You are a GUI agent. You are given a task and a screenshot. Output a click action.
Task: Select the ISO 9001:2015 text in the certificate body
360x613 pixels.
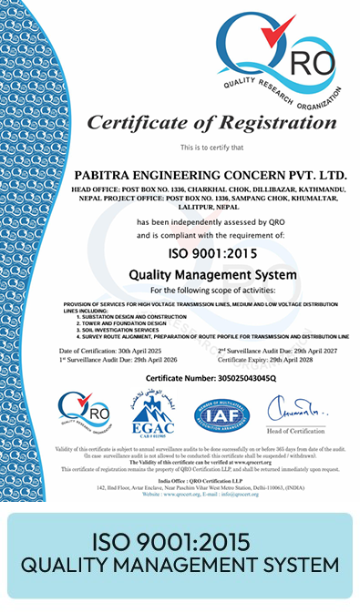212,253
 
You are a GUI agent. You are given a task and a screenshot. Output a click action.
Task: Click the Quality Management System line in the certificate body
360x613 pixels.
212,273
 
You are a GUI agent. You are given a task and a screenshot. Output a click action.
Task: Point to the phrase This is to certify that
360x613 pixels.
211,147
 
